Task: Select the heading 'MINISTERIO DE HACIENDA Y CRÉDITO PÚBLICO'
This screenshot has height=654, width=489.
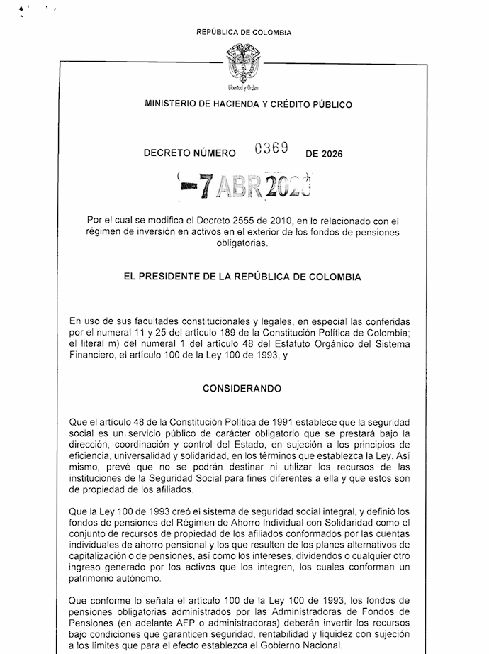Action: click(x=248, y=104)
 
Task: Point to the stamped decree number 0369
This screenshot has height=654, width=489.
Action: click(x=271, y=148)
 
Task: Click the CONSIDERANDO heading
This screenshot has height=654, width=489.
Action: click(x=242, y=389)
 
